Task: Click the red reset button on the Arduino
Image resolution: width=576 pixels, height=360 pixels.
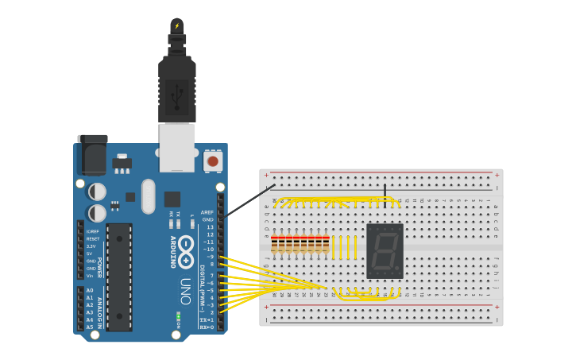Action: pyautogui.click(x=212, y=161)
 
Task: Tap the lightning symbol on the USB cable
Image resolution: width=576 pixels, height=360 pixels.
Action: pyautogui.click(x=177, y=26)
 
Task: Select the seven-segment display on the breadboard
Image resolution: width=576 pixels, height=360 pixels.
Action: pyautogui.click(x=385, y=250)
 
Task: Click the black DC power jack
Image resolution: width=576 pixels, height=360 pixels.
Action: pyautogui.click(x=93, y=156)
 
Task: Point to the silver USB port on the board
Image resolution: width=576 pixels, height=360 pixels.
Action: pyautogui.click(x=176, y=148)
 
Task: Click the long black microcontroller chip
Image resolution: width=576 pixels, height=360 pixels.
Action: pyautogui.click(x=119, y=277)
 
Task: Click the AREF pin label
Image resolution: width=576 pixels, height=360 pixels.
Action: pyautogui.click(x=207, y=212)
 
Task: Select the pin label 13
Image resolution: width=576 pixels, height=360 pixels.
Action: pyautogui.click(x=210, y=227)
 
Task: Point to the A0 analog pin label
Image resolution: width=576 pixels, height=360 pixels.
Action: pyautogui.click(x=90, y=291)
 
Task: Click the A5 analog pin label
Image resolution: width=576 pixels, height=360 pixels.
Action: pyautogui.click(x=90, y=327)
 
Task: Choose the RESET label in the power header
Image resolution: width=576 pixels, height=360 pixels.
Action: pyautogui.click(x=93, y=238)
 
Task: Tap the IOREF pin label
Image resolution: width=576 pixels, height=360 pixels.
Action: pyautogui.click(x=93, y=231)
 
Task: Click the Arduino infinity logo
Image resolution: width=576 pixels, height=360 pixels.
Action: pyautogui.click(x=186, y=252)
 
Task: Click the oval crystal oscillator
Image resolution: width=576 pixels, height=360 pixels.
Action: pyautogui.click(x=149, y=196)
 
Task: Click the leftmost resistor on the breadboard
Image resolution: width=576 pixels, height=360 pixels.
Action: pyautogui.click(x=274, y=244)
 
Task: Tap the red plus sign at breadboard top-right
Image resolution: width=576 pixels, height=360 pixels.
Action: pyautogui.click(x=497, y=175)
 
